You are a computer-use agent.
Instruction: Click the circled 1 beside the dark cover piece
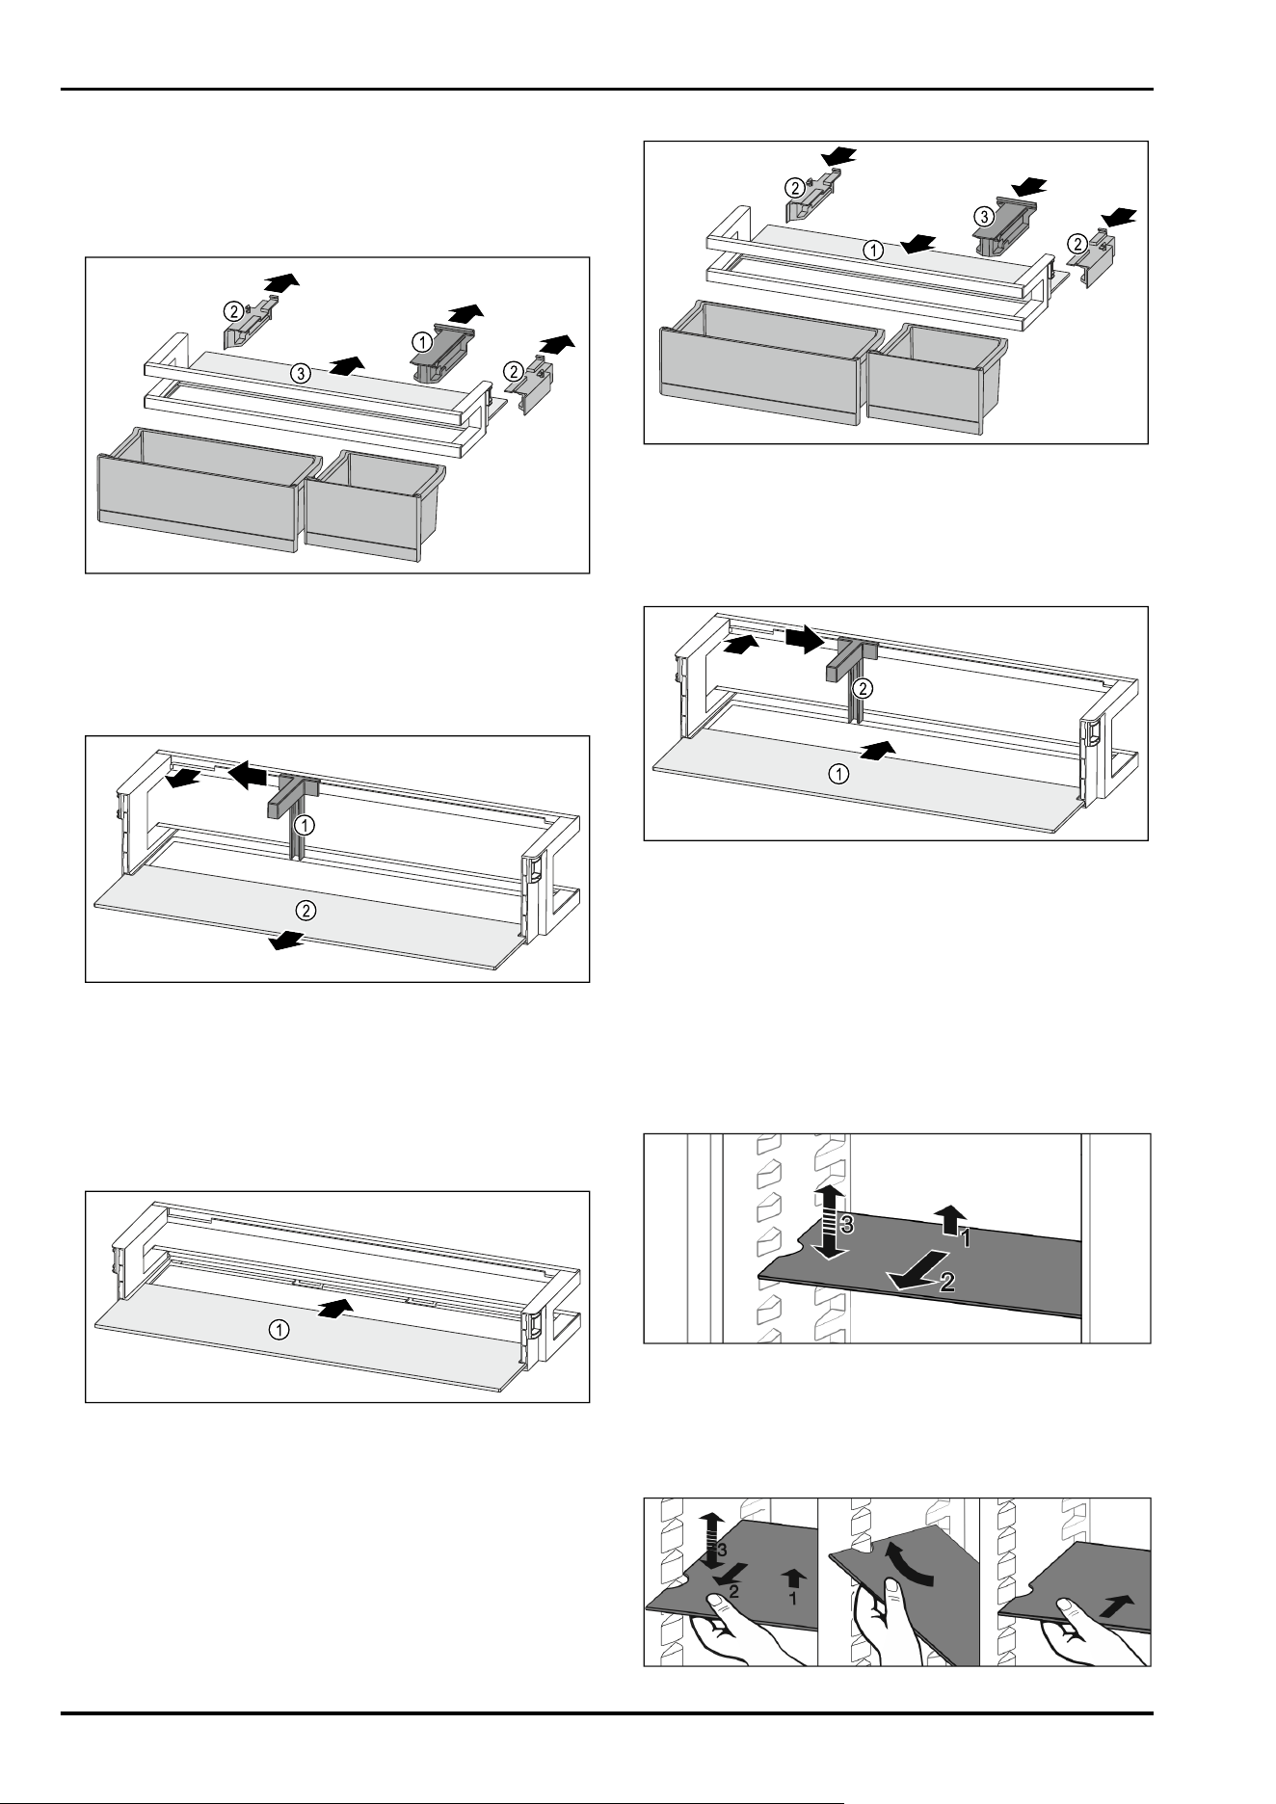[x=421, y=339]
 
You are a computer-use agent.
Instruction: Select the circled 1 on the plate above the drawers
[x=871, y=251]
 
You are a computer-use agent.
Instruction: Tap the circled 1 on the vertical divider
[x=305, y=825]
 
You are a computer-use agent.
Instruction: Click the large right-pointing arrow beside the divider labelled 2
[x=805, y=637]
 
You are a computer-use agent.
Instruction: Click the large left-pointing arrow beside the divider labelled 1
[x=247, y=772]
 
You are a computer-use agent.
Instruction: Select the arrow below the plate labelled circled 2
[x=287, y=941]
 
